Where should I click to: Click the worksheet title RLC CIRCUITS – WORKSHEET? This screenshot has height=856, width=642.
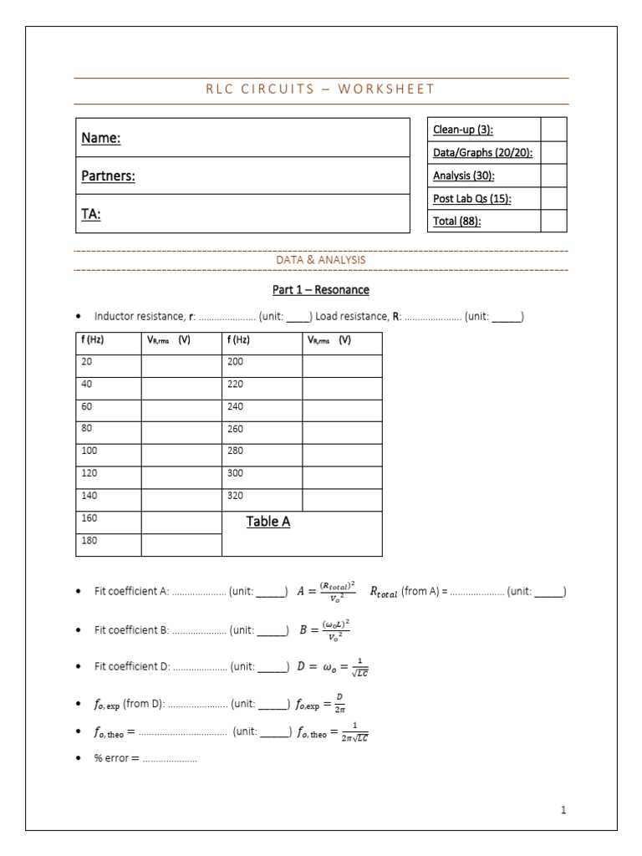pos(320,89)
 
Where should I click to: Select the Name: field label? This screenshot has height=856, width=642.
pos(100,138)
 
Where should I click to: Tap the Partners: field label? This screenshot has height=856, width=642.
pos(108,176)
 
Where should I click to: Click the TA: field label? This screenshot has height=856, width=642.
pos(91,214)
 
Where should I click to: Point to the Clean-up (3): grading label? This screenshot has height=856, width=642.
pos(462,130)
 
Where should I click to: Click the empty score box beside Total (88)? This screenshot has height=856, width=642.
pos(553,221)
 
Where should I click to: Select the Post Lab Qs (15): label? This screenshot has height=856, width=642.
pos(471,198)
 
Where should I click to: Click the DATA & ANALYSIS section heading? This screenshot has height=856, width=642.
pos(321,260)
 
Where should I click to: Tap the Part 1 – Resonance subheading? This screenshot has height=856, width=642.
pos(321,290)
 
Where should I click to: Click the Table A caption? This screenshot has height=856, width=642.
pos(268,522)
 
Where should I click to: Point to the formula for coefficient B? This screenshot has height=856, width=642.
pos(324,629)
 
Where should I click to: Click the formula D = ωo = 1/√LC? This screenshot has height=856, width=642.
pos(332,667)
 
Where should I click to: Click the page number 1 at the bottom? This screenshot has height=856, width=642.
pos(563,810)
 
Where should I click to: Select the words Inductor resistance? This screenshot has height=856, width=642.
pos(138,317)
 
